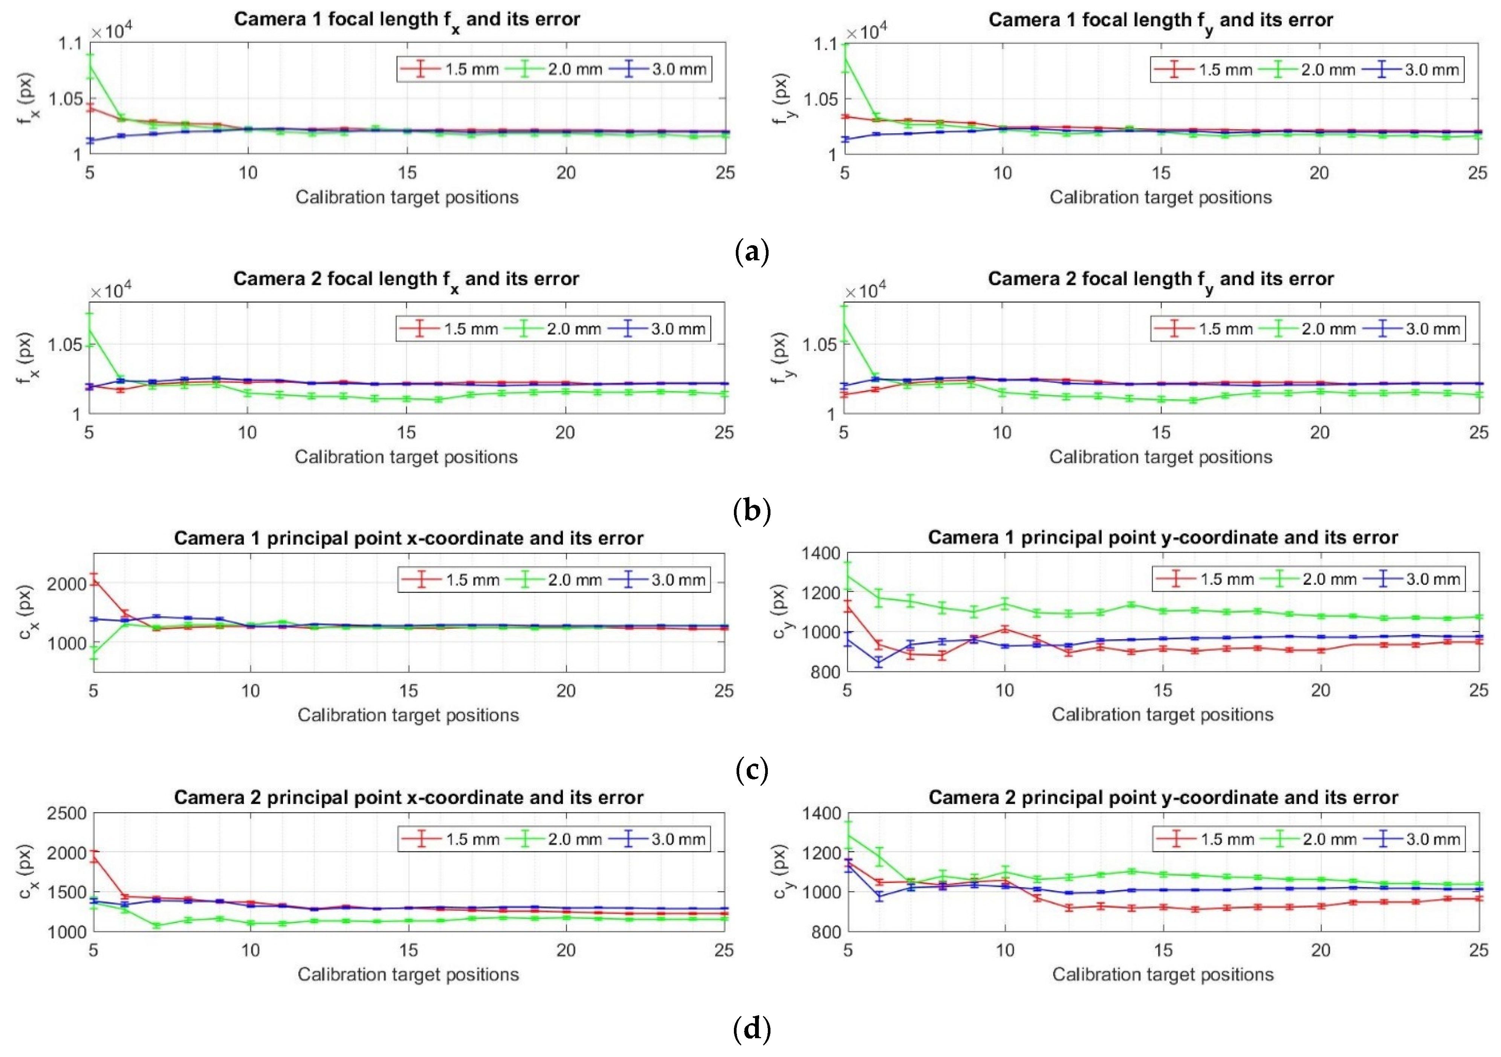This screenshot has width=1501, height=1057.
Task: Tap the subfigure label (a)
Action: (x=751, y=251)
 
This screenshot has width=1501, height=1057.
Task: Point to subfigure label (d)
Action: (x=751, y=1030)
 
